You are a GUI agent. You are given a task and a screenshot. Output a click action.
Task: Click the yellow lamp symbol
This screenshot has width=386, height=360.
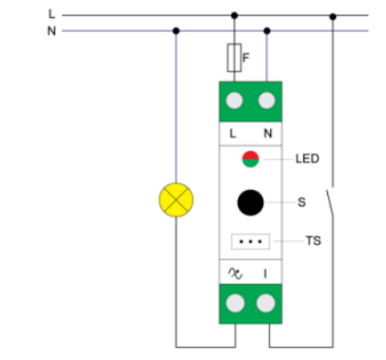(x=177, y=200)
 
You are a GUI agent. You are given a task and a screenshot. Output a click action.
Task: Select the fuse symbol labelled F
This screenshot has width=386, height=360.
(x=234, y=58)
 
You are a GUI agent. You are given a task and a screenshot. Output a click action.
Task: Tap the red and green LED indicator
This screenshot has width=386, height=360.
(x=250, y=160)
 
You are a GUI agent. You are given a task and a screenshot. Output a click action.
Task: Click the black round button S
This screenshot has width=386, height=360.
(x=250, y=202)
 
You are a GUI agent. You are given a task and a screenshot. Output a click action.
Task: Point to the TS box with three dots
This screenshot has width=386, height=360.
(x=250, y=241)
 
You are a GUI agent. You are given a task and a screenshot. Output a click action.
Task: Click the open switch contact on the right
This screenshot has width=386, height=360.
(x=330, y=202)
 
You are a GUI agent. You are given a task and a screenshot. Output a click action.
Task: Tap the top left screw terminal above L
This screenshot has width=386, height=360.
(x=234, y=101)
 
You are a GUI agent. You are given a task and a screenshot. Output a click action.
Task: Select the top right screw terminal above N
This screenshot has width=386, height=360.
(x=267, y=101)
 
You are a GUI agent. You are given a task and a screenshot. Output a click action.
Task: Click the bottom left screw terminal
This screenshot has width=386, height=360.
(x=235, y=303)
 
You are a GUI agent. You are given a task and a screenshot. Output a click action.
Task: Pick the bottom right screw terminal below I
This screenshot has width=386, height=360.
(x=266, y=303)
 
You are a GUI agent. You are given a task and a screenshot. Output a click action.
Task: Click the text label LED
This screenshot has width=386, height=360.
(x=308, y=159)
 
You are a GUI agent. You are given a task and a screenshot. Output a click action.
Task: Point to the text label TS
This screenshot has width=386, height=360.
(x=314, y=241)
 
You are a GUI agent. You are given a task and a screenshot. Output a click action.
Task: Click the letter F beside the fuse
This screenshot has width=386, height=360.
(x=246, y=58)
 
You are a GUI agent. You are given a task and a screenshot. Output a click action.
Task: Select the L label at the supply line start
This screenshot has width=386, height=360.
(x=52, y=13)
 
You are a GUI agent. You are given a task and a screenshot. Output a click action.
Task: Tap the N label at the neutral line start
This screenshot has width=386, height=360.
(x=52, y=31)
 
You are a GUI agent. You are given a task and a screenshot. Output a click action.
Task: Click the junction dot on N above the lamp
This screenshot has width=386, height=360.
(x=177, y=30)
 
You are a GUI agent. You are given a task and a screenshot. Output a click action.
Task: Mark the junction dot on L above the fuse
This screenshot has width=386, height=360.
(x=234, y=15)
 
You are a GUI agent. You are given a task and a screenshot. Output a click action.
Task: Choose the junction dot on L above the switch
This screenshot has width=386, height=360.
(x=333, y=17)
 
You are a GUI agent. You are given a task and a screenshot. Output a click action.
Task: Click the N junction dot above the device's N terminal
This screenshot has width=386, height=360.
(x=267, y=30)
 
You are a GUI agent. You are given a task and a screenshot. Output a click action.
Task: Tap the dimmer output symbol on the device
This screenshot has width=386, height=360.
(x=235, y=274)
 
